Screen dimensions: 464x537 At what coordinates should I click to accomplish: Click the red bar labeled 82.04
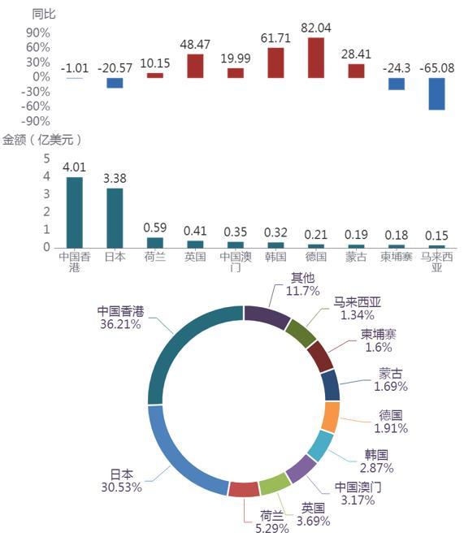click(x=316, y=58)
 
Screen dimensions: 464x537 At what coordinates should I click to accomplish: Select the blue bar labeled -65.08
click(x=436, y=94)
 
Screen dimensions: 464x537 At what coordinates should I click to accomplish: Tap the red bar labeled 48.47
click(x=195, y=66)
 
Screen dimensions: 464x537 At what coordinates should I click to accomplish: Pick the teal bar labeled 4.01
click(x=74, y=212)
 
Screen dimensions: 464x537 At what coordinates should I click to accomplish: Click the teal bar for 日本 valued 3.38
click(x=115, y=218)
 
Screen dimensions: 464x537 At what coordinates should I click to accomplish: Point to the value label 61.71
click(x=275, y=37)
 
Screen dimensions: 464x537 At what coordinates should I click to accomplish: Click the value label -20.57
click(x=115, y=67)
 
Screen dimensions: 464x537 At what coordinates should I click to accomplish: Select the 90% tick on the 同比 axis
click(x=38, y=32)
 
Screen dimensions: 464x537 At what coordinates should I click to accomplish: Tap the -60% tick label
click(x=35, y=106)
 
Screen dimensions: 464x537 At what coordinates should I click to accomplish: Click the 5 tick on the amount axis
click(x=46, y=158)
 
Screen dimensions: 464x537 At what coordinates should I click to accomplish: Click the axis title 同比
click(x=44, y=14)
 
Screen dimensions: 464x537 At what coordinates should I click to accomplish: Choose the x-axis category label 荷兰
click(x=155, y=257)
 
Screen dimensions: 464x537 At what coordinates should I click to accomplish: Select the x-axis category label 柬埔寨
click(x=397, y=257)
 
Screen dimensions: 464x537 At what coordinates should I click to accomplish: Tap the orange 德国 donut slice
click(x=331, y=417)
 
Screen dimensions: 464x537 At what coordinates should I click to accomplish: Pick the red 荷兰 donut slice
click(x=244, y=489)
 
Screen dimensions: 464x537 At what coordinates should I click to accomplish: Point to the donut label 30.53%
click(x=122, y=487)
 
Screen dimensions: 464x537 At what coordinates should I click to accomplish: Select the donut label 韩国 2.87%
click(x=376, y=461)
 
